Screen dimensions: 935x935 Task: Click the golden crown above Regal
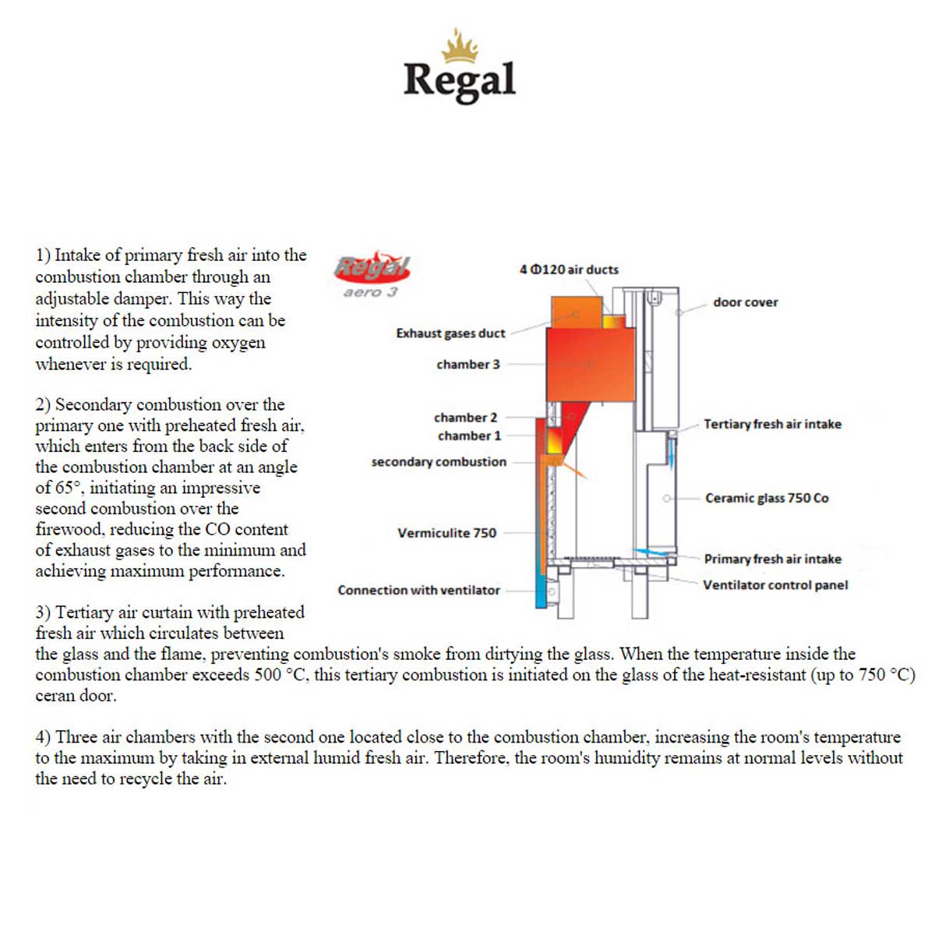pos(460,46)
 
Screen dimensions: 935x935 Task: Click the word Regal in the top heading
pos(460,80)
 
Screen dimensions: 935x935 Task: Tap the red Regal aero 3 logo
pos(372,274)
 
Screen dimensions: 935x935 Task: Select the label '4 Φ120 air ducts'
pos(569,270)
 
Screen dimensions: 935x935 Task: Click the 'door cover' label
pos(745,302)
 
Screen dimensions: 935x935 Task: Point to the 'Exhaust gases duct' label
pos(450,333)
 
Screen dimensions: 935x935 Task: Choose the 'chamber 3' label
pos(467,365)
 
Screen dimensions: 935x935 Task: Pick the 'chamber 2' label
pos(465,418)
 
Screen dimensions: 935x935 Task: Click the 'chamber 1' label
pos(468,436)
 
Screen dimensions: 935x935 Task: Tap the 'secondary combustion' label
pos(439,462)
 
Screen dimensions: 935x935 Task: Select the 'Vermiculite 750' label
pos(446,533)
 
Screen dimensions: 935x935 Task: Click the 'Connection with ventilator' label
pos(418,591)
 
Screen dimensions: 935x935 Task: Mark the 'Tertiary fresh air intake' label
pos(772,425)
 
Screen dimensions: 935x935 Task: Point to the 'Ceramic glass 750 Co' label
pos(767,498)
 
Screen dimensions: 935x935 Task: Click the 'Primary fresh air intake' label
pos(772,559)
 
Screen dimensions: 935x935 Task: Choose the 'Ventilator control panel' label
pos(774,585)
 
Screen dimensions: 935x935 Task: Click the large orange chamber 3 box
pos(590,364)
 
